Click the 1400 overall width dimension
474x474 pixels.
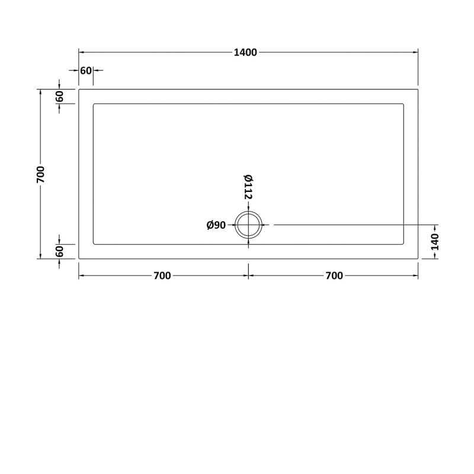coord(245,53)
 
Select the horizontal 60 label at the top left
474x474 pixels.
coord(85,71)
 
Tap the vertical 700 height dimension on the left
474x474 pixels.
coord(40,174)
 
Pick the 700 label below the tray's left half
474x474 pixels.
coord(162,276)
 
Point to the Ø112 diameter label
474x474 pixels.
coord(248,187)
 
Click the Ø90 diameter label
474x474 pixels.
coord(216,225)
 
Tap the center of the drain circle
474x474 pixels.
coord(248,225)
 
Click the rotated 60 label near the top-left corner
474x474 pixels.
coord(60,97)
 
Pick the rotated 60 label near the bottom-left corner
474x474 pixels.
coord(60,251)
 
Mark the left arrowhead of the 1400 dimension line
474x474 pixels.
coord(82,53)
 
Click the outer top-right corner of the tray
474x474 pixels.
coord(418,89)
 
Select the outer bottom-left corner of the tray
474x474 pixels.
coord(79,259)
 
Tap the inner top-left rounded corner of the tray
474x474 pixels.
coord(95,105)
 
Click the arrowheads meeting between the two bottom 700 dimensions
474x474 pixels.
coord(248,276)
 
